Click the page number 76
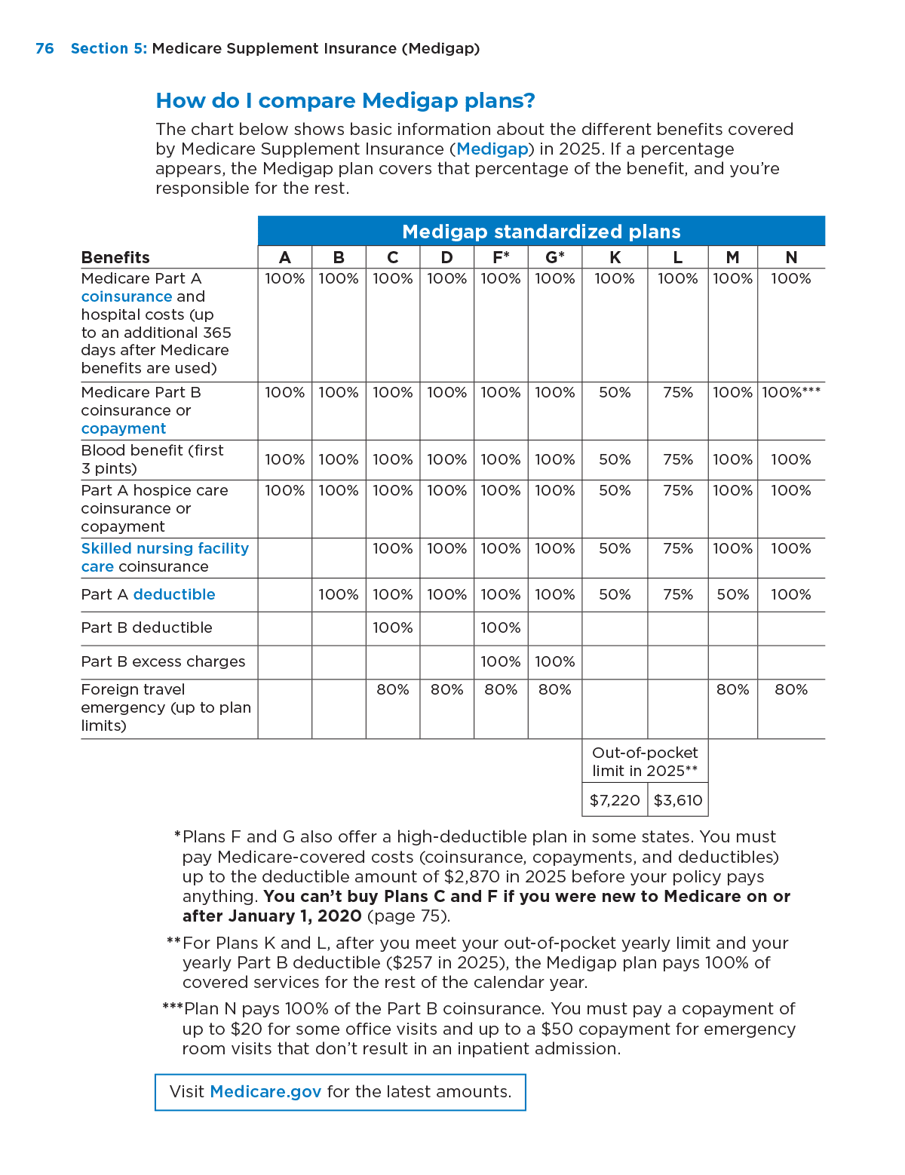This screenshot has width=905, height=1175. (x=44, y=48)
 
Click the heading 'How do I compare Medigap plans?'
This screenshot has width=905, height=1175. (x=345, y=100)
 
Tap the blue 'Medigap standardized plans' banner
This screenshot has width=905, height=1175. (x=541, y=232)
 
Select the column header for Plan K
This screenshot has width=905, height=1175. (x=615, y=257)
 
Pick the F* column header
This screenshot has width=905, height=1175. (x=501, y=257)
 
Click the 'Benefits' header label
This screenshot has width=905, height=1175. (x=115, y=257)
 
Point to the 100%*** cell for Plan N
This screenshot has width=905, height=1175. (x=790, y=392)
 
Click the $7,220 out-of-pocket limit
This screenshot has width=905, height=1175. (x=615, y=800)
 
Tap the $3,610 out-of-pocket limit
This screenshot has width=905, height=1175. (x=677, y=800)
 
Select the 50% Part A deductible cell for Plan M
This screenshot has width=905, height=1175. (x=732, y=594)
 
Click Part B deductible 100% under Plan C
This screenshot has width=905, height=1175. (x=392, y=627)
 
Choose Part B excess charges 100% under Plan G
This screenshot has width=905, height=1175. (x=554, y=661)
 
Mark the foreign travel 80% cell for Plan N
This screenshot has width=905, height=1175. (x=790, y=689)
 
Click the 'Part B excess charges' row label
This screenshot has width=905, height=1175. (x=163, y=661)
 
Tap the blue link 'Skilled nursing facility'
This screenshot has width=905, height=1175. (x=165, y=548)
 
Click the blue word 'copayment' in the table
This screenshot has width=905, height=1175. (x=124, y=428)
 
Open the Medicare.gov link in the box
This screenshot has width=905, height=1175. (x=265, y=1091)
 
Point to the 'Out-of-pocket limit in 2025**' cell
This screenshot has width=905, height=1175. (x=645, y=761)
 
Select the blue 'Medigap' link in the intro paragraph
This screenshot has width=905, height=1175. (x=492, y=149)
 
